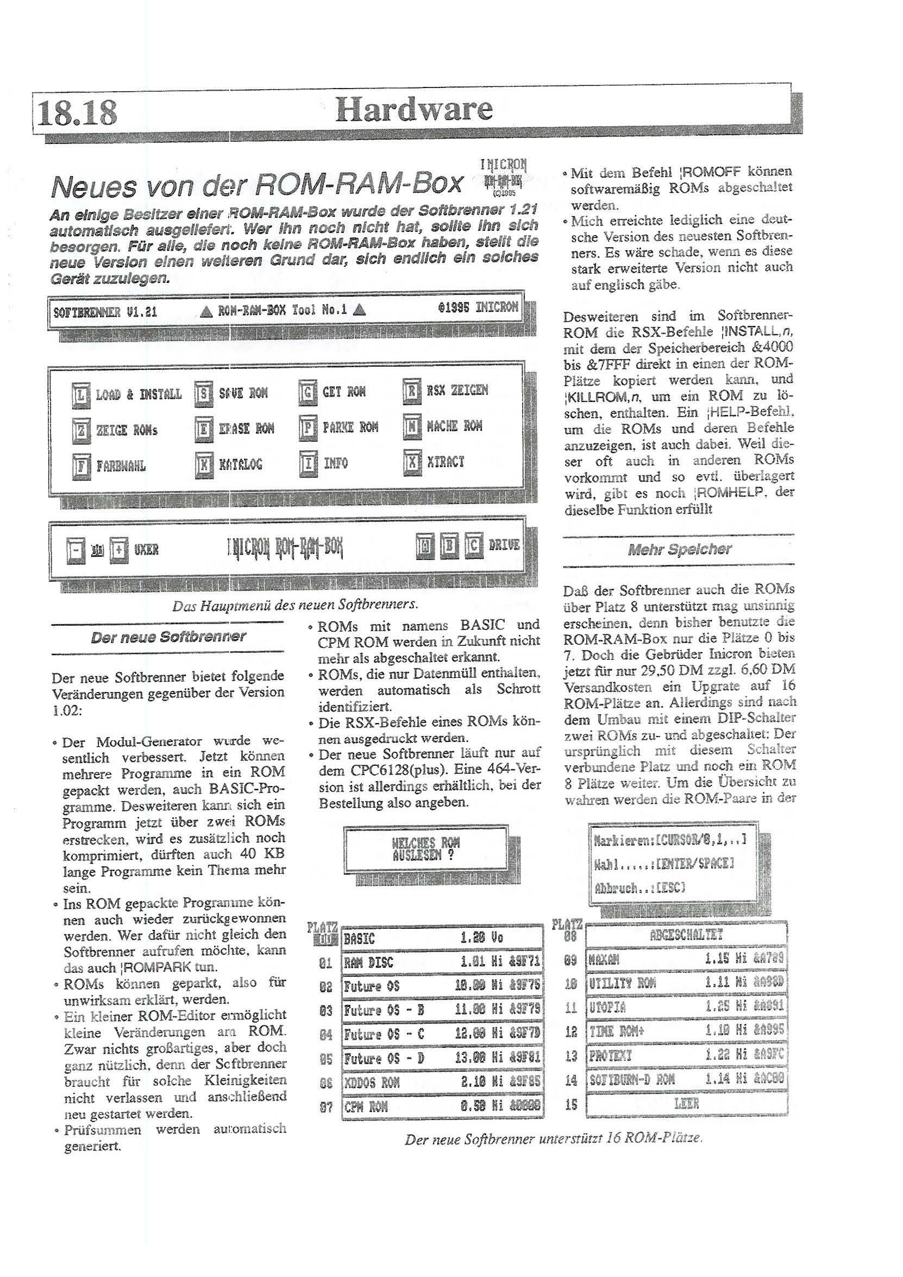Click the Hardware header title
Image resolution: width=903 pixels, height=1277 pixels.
(414, 109)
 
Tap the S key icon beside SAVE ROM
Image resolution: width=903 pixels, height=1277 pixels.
(204, 394)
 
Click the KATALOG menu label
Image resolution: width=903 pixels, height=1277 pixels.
(240, 464)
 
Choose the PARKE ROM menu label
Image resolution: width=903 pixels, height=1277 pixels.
(350, 427)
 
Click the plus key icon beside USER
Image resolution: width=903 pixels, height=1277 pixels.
(118, 550)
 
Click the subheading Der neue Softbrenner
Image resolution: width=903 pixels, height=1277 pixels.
(167, 637)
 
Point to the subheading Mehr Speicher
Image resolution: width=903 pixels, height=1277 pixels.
(679, 550)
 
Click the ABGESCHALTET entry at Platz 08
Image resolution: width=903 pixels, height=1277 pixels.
(686, 935)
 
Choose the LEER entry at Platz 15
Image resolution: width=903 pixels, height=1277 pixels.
(686, 1104)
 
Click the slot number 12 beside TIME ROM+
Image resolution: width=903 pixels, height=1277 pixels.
(571, 1031)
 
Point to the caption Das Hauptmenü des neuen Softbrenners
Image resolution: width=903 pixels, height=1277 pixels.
(295, 605)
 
